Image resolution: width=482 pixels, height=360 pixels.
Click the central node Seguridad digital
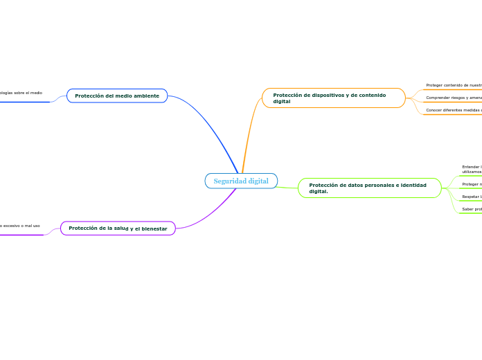click(x=241, y=181)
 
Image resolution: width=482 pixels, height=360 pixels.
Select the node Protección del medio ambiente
click(x=117, y=96)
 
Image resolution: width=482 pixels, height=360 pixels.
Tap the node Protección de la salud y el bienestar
click(x=118, y=228)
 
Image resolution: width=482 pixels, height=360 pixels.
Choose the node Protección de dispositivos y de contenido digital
click(x=333, y=98)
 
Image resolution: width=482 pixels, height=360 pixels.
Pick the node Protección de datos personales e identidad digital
click(x=369, y=188)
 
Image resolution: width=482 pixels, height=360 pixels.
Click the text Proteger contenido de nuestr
click(x=454, y=85)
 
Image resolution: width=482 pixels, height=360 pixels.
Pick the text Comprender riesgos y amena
click(x=454, y=98)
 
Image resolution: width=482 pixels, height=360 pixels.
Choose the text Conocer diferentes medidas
click(x=454, y=110)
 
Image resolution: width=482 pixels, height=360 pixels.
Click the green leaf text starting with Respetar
click(x=472, y=197)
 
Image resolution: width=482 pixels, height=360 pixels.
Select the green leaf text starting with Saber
click(x=472, y=208)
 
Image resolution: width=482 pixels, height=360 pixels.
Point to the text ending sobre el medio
click(x=21, y=92)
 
